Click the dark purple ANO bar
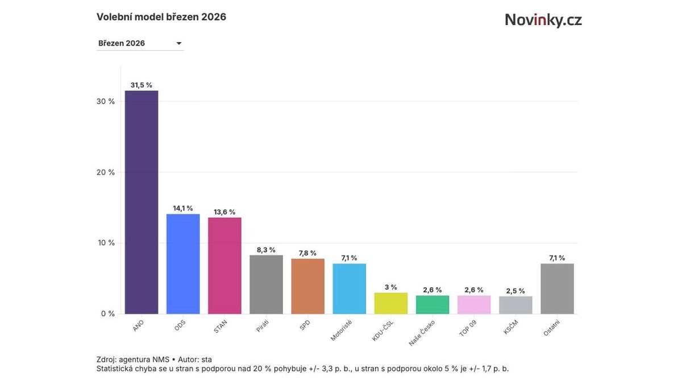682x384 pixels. (x=142, y=202)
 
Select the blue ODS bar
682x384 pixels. (x=183, y=263)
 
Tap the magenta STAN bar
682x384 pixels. (x=224, y=265)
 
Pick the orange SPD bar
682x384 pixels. (x=307, y=286)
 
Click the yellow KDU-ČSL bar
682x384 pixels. (x=390, y=303)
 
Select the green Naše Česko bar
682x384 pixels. (x=433, y=304)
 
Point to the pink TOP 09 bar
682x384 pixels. (x=474, y=304)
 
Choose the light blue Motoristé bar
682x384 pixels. (x=349, y=288)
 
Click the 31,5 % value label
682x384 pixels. (x=142, y=85)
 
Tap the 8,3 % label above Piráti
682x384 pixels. (x=266, y=250)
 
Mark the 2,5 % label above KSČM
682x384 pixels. (x=515, y=291)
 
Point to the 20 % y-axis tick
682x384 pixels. (x=106, y=172)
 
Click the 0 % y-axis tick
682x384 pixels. (x=108, y=313)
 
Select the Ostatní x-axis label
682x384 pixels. (x=551, y=328)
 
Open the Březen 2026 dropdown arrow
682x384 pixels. (x=178, y=43)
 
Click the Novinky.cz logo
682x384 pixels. (x=543, y=20)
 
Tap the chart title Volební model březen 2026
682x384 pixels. (x=161, y=17)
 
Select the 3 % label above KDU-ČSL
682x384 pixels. (x=390, y=287)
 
